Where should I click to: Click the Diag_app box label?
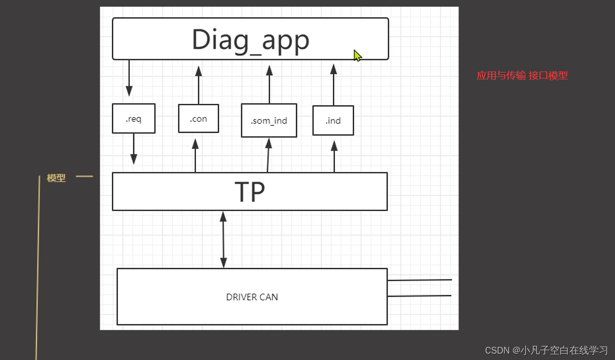pyautogui.click(x=250, y=40)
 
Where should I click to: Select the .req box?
pyautogui.click(x=133, y=119)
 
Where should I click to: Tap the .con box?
pyautogui.click(x=198, y=119)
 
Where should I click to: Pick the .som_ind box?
pyautogui.click(x=269, y=120)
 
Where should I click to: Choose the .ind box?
pyautogui.click(x=333, y=120)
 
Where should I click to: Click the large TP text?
pyautogui.click(x=250, y=192)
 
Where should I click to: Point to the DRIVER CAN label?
pyautogui.click(x=252, y=297)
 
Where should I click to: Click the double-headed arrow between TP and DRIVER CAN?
pyautogui.click(x=223, y=240)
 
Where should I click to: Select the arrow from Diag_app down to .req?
pyautogui.click(x=129, y=78)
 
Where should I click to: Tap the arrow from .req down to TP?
pyautogui.click(x=134, y=149)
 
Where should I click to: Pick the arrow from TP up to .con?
pyautogui.click(x=195, y=156)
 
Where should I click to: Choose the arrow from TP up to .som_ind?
pyautogui.click(x=268, y=156)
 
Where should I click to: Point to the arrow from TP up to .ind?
pyautogui.click(x=334, y=157)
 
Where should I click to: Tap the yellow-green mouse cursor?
pyautogui.click(x=357, y=55)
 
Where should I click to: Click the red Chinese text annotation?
pyautogui.click(x=522, y=75)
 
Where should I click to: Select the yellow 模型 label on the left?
pyautogui.click(x=56, y=178)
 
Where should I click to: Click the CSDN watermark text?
pyautogui.click(x=546, y=350)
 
